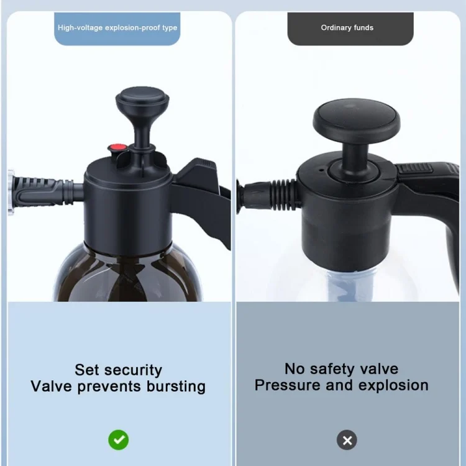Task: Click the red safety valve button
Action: coord(118,147)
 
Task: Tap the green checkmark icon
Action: coord(119,440)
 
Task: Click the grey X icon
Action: coord(347,440)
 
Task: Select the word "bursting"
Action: coord(176,386)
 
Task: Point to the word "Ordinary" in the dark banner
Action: coord(336,27)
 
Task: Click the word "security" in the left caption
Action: coord(137,370)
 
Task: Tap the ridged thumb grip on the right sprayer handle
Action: coord(414,168)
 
